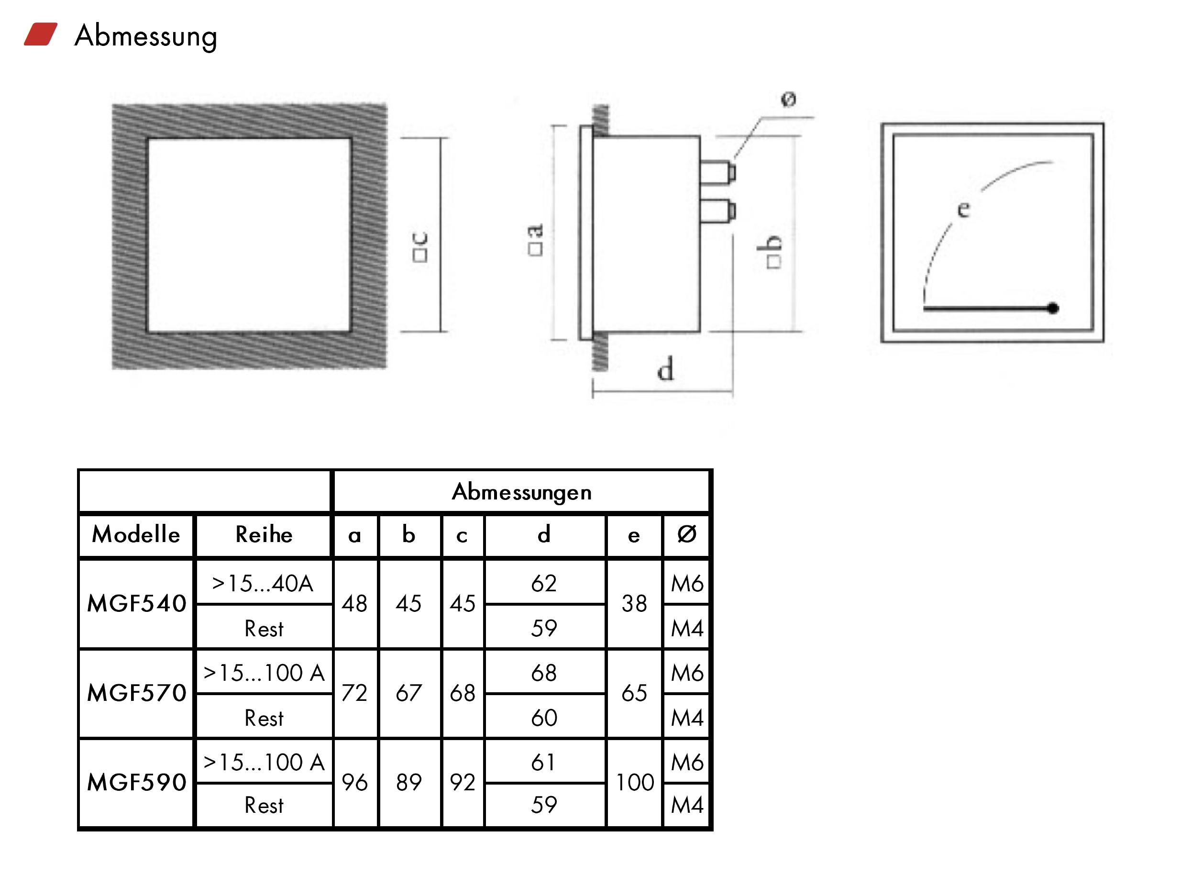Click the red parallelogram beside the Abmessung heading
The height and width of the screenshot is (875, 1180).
click(40, 34)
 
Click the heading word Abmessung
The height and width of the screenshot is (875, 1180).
click(145, 36)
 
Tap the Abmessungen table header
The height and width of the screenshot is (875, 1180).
click(521, 492)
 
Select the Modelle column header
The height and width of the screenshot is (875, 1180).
click(136, 534)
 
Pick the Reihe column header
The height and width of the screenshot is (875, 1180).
click(264, 534)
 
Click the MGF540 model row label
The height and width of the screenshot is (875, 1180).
click(137, 603)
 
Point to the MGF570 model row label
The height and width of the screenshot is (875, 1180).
click(137, 693)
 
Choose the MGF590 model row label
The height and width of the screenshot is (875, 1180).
click(137, 782)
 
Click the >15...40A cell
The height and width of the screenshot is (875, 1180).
click(263, 583)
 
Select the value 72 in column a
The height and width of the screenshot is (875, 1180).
click(354, 693)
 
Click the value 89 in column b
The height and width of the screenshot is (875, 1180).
click(408, 782)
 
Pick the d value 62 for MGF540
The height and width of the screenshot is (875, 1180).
click(544, 583)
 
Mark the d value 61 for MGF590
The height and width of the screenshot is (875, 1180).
click(544, 762)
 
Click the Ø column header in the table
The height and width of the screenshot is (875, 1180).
click(686, 534)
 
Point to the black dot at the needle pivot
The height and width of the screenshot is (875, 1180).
click(1053, 308)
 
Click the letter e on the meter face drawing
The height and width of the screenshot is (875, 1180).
click(963, 209)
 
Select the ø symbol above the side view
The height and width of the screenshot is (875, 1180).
click(789, 99)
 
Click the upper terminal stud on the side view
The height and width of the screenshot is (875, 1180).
click(717, 172)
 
